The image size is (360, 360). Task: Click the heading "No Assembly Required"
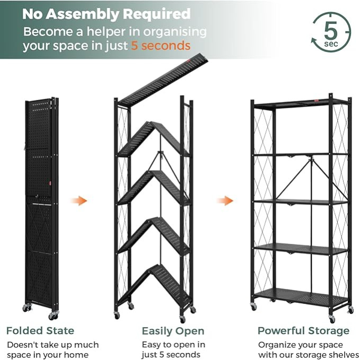(106, 14)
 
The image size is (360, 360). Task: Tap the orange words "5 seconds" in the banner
(161, 46)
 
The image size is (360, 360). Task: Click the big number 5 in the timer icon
(331, 30)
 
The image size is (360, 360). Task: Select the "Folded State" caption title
(40, 331)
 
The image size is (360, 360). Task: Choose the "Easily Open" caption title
(173, 331)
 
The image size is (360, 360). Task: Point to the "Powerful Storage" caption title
(303, 331)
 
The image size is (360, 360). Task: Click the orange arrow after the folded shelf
(79, 201)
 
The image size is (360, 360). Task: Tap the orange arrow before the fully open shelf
(225, 201)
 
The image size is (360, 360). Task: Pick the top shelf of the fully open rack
(301, 103)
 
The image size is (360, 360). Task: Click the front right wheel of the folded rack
(53, 315)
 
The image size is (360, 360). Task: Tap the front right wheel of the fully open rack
(332, 319)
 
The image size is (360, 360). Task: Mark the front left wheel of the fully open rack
(254, 306)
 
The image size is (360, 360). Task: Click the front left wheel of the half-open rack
(117, 315)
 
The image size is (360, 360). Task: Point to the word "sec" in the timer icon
(331, 43)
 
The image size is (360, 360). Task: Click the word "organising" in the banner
(175, 32)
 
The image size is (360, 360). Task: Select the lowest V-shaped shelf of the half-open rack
(154, 285)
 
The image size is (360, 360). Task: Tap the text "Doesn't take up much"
(53, 345)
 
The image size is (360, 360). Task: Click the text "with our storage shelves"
(309, 355)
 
